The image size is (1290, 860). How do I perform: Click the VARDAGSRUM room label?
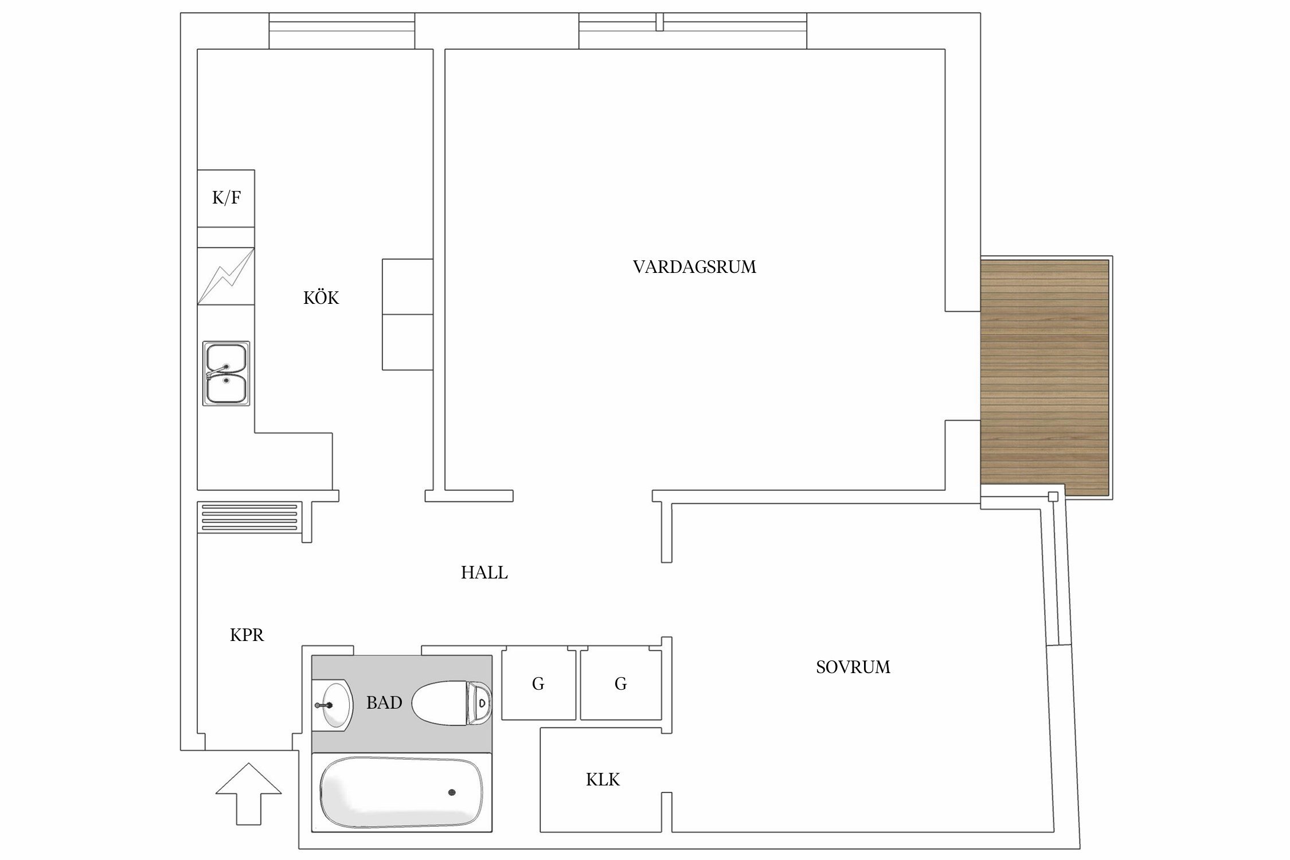694,267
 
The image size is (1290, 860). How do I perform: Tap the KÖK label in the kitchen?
321,298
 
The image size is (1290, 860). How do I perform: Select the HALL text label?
484,573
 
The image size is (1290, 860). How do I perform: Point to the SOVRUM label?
853,667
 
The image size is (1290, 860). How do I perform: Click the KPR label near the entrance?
247,635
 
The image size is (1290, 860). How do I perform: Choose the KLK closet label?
603,780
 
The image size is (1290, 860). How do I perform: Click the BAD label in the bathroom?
384,703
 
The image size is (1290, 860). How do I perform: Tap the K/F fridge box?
226,198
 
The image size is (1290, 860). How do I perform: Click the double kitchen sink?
226,373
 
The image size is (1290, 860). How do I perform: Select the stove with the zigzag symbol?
226,276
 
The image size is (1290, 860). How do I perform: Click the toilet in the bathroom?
452,702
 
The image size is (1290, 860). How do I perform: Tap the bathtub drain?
452,792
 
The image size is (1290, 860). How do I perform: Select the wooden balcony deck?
1044,377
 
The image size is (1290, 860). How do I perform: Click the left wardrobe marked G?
538,684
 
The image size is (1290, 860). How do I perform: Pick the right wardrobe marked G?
620,684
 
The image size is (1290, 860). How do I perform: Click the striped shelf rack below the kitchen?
250,517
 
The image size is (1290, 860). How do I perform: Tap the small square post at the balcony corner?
1053,497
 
